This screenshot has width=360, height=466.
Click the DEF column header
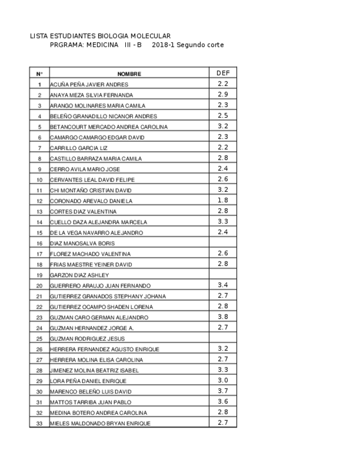click(223, 73)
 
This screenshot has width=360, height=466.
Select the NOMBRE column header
click(129, 74)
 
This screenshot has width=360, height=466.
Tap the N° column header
click(40, 74)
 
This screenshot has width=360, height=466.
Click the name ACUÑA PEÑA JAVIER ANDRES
click(89, 85)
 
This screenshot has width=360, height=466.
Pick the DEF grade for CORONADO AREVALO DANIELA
click(223, 201)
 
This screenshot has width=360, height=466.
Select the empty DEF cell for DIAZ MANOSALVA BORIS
click(223, 243)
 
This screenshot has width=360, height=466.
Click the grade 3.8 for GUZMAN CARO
click(223, 317)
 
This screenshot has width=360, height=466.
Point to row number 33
click(40, 424)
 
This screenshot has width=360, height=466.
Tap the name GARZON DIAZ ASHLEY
click(79, 275)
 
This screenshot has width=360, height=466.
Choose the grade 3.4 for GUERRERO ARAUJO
click(223, 285)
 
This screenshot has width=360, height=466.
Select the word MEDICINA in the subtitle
click(99, 45)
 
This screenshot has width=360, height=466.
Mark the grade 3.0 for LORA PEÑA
click(223, 380)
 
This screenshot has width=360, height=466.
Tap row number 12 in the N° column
click(40, 201)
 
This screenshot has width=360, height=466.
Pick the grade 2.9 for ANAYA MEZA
click(223, 95)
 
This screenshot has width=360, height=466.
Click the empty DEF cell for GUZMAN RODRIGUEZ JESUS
click(223, 338)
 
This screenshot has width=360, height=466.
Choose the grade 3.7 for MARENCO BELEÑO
click(223, 391)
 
